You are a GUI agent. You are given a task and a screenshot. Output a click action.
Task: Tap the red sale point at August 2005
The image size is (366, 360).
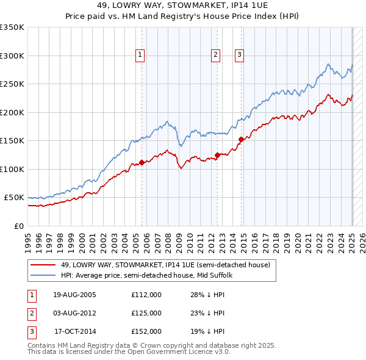point(142,162)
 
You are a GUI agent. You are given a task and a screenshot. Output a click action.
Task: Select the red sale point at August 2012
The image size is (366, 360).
point(217,155)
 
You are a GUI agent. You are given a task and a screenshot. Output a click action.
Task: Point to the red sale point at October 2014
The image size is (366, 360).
point(241,140)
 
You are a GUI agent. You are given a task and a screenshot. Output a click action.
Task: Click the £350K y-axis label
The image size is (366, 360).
point(12,27)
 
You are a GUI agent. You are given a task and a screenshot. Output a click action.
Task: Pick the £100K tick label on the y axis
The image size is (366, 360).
point(12,169)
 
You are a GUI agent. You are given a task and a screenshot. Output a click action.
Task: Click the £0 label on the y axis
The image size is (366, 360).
point(18,226)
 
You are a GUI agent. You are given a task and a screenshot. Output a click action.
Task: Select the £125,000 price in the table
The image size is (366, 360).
point(146,313)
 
